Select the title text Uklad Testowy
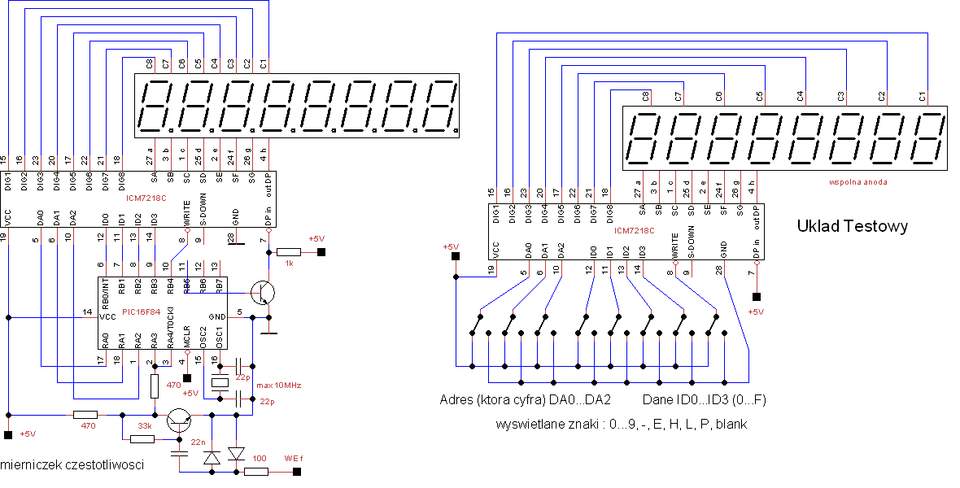click(x=852, y=227)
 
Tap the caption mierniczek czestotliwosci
click(x=73, y=464)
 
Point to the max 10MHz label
click(x=278, y=385)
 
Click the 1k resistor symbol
click(x=288, y=252)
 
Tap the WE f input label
click(x=294, y=457)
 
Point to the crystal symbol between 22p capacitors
click(x=220, y=382)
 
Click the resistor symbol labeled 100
click(x=255, y=471)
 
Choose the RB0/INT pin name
click(x=103, y=289)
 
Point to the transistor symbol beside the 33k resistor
click(x=179, y=419)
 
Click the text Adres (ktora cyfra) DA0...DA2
click(x=525, y=400)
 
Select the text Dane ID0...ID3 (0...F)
click(x=705, y=400)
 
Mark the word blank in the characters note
click(x=730, y=424)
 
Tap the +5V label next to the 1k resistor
click(x=316, y=238)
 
